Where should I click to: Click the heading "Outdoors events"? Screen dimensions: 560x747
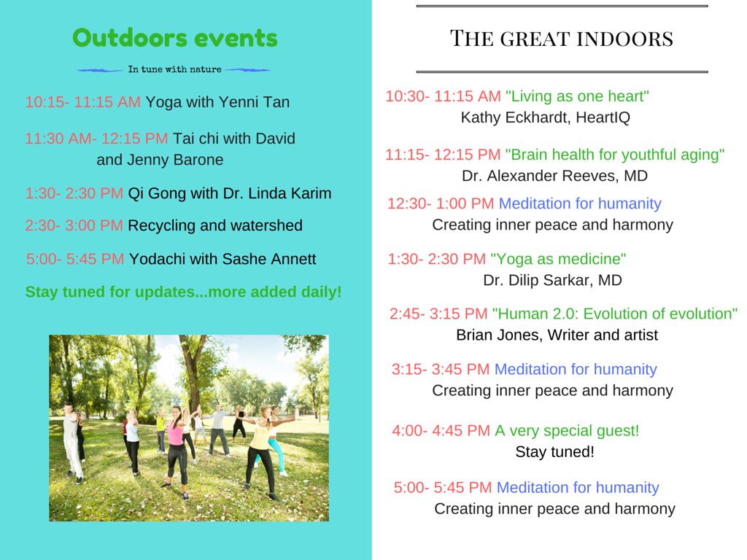coord(175,38)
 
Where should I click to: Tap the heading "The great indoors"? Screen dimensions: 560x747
coord(561,38)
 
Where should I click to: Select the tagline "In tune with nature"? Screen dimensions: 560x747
coord(174,70)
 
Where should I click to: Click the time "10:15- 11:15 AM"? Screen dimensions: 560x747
coord(82,102)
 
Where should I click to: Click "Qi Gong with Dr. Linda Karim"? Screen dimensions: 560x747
coord(229,193)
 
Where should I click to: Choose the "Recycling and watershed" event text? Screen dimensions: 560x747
coord(214,225)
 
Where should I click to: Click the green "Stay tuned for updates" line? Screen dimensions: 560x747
coord(183,292)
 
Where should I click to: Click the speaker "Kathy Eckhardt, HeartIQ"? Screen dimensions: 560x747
coord(545,117)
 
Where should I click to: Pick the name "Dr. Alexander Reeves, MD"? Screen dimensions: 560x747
coord(554,176)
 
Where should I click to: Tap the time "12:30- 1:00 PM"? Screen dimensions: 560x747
coord(440,203)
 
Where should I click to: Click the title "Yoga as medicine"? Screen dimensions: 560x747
coord(558,259)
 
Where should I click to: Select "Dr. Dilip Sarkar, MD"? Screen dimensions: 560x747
coord(552,280)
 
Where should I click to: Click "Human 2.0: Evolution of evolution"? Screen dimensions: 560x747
coord(614,314)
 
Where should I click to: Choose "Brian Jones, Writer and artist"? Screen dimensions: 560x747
coord(557,335)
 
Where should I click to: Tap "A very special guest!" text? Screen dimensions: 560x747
coord(567,430)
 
